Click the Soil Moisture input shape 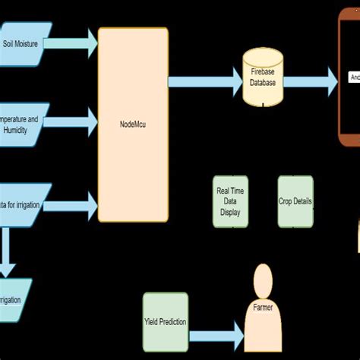click(25, 45)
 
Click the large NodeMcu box click(134, 125)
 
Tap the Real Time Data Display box click(229, 202)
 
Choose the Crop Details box click(295, 202)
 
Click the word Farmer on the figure click(263, 308)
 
